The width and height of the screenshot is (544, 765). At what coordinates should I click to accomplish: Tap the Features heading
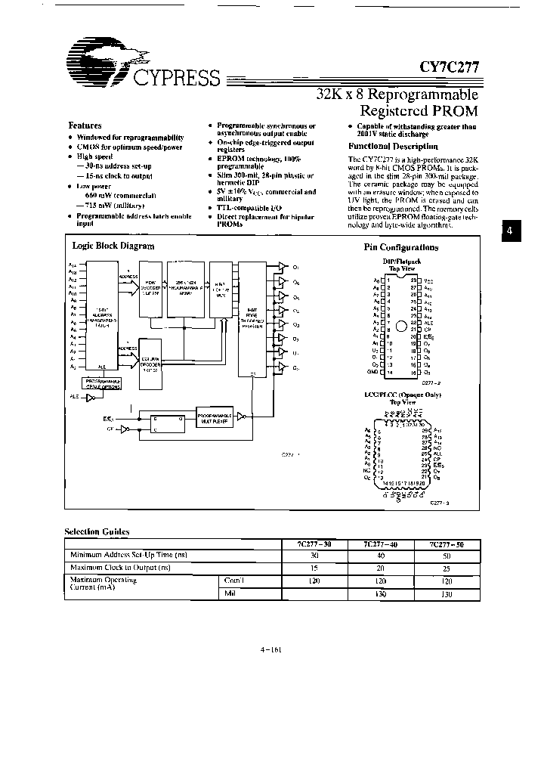85,125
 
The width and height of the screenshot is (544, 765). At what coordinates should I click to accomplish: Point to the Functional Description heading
393,147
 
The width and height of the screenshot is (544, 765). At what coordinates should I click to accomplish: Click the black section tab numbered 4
510,232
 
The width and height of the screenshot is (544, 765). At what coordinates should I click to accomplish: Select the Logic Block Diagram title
113,246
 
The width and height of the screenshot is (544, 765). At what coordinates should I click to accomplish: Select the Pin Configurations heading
401,247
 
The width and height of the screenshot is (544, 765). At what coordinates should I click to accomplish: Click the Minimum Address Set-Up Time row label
129,555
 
